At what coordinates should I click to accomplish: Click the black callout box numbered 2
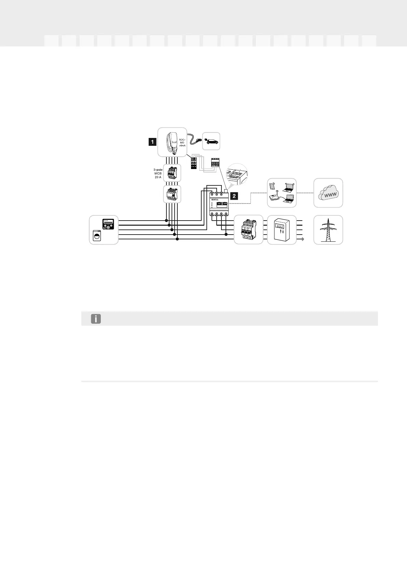(234, 196)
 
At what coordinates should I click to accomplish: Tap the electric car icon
(211, 141)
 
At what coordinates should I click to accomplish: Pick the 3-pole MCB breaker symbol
(172, 173)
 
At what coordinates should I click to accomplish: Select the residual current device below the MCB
(172, 194)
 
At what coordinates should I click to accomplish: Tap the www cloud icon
(328, 193)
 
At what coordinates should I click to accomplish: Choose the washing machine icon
(98, 236)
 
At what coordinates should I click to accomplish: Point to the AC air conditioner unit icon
(108, 224)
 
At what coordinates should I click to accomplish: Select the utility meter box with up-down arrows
(282, 230)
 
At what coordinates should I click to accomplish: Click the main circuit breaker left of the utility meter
(248, 230)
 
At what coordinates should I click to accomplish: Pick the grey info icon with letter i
(96, 319)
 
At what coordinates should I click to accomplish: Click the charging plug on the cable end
(198, 140)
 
